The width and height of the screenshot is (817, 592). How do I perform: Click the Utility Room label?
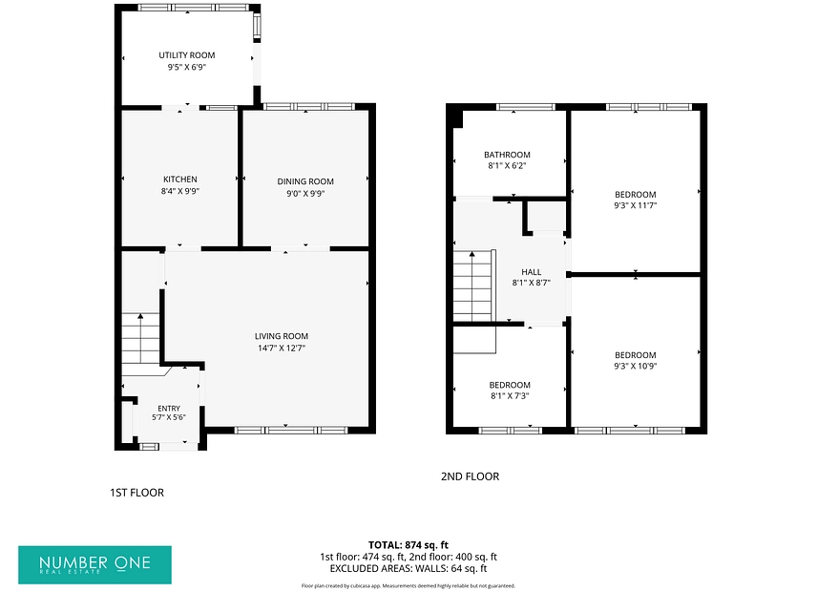186,55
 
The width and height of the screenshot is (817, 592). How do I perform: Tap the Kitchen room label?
180,180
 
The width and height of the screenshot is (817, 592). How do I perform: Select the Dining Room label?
305,181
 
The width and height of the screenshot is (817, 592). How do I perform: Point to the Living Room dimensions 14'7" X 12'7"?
282,349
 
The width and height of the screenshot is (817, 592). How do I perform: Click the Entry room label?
169,409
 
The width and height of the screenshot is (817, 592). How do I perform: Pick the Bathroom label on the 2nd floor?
507,155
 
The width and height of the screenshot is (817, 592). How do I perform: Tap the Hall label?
532,272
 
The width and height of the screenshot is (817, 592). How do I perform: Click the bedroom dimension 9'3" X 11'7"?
635,205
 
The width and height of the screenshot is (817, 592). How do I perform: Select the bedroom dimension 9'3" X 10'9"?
635,366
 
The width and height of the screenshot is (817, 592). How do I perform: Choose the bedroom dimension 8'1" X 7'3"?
510,395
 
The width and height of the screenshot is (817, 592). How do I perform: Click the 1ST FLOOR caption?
137,493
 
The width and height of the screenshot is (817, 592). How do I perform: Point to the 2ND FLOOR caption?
470,476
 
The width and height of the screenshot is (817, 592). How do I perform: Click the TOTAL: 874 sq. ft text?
408,545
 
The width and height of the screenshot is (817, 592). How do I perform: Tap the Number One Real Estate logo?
94,565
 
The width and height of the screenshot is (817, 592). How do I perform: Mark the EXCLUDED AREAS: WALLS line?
408,568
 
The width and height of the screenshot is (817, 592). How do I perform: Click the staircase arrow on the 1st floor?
140,339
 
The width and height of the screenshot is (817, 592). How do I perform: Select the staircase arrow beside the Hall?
472,286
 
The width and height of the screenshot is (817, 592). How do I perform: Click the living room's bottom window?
291,431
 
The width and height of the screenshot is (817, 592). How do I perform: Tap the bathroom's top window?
525,107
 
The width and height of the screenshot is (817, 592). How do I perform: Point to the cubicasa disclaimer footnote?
408,586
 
